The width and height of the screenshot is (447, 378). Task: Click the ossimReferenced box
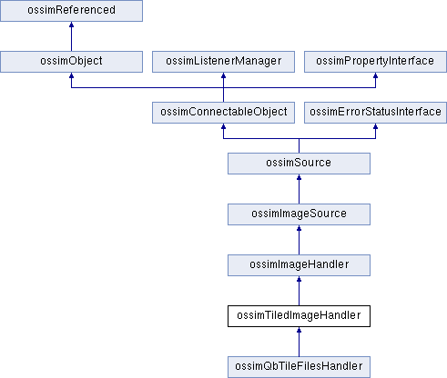tap(71, 11)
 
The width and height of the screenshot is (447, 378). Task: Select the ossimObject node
tap(71, 62)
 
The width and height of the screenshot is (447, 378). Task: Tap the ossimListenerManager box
tap(223, 62)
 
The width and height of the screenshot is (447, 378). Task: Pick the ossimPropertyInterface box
tap(375, 62)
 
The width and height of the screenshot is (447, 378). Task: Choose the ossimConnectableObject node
tap(223, 113)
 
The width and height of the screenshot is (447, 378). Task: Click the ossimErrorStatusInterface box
tap(375, 113)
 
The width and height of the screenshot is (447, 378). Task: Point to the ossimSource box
tap(299, 164)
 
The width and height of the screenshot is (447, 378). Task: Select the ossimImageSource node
tap(299, 214)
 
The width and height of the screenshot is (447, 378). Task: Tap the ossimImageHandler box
tap(299, 265)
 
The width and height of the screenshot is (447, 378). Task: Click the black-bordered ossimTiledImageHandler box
tap(299, 316)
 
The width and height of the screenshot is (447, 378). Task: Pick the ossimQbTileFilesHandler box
tap(299, 367)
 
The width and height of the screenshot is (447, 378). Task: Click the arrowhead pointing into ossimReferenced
tap(71, 25)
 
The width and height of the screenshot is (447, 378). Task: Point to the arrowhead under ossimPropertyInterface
tap(375, 75)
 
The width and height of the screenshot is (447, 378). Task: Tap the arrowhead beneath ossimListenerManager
tap(223, 75)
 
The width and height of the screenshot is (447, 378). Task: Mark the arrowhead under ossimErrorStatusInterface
tap(375, 126)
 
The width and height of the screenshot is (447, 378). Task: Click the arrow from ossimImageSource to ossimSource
tap(299, 189)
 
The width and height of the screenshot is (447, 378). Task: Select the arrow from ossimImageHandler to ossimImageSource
tap(299, 240)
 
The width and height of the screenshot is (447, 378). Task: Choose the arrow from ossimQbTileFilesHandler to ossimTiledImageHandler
tap(299, 342)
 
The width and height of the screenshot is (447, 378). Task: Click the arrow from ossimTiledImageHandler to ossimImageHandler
tap(299, 291)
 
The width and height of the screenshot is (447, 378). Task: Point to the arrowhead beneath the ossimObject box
tap(71, 75)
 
